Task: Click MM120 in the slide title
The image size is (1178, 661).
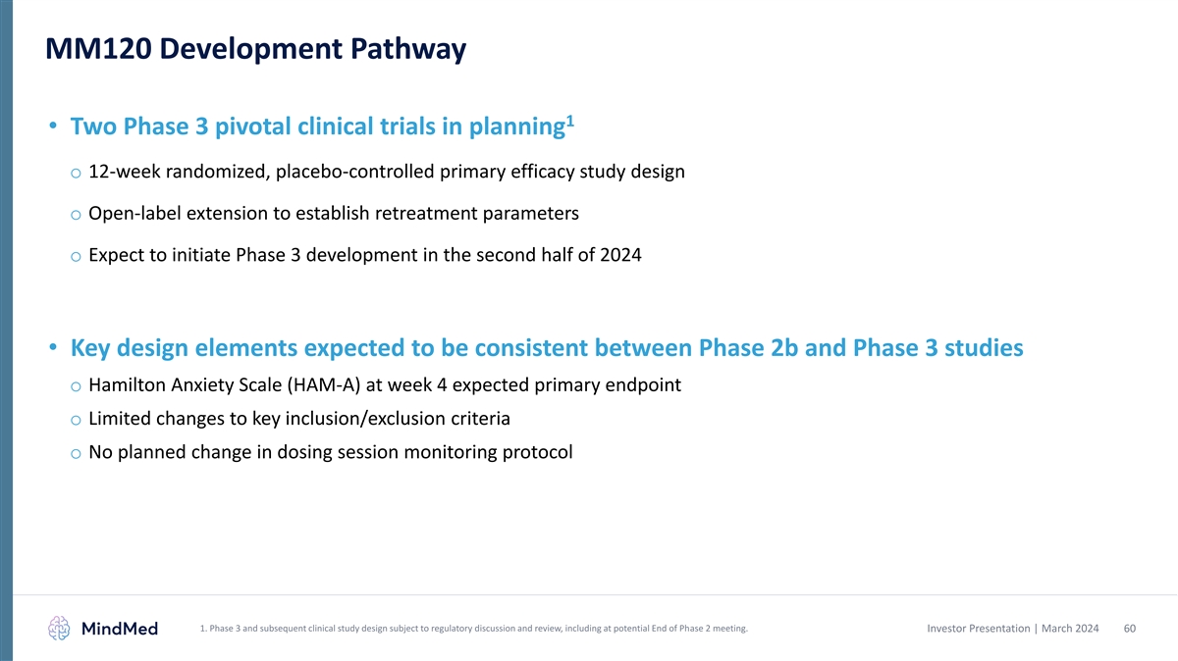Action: tap(98, 49)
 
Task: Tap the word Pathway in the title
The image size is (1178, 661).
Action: tap(408, 50)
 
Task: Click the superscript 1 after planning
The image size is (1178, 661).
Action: tap(570, 122)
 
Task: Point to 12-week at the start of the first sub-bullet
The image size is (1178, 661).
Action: tap(124, 172)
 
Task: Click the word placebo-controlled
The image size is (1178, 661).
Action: tap(355, 173)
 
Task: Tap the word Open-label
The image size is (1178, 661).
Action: tap(134, 214)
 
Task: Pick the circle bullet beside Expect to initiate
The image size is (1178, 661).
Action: tap(76, 257)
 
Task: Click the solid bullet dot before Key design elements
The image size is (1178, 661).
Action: tap(53, 347)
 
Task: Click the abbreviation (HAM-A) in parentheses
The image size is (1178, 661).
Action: tap(323, 385)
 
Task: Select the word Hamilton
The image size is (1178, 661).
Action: tap(127, 385)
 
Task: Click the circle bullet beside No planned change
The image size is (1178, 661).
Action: tap(76, 454)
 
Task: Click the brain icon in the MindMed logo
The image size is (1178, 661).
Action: tap(59, 629)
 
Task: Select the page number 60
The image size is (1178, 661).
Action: tap(1130, 629)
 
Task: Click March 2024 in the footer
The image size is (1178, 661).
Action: tap(1070, 629)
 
